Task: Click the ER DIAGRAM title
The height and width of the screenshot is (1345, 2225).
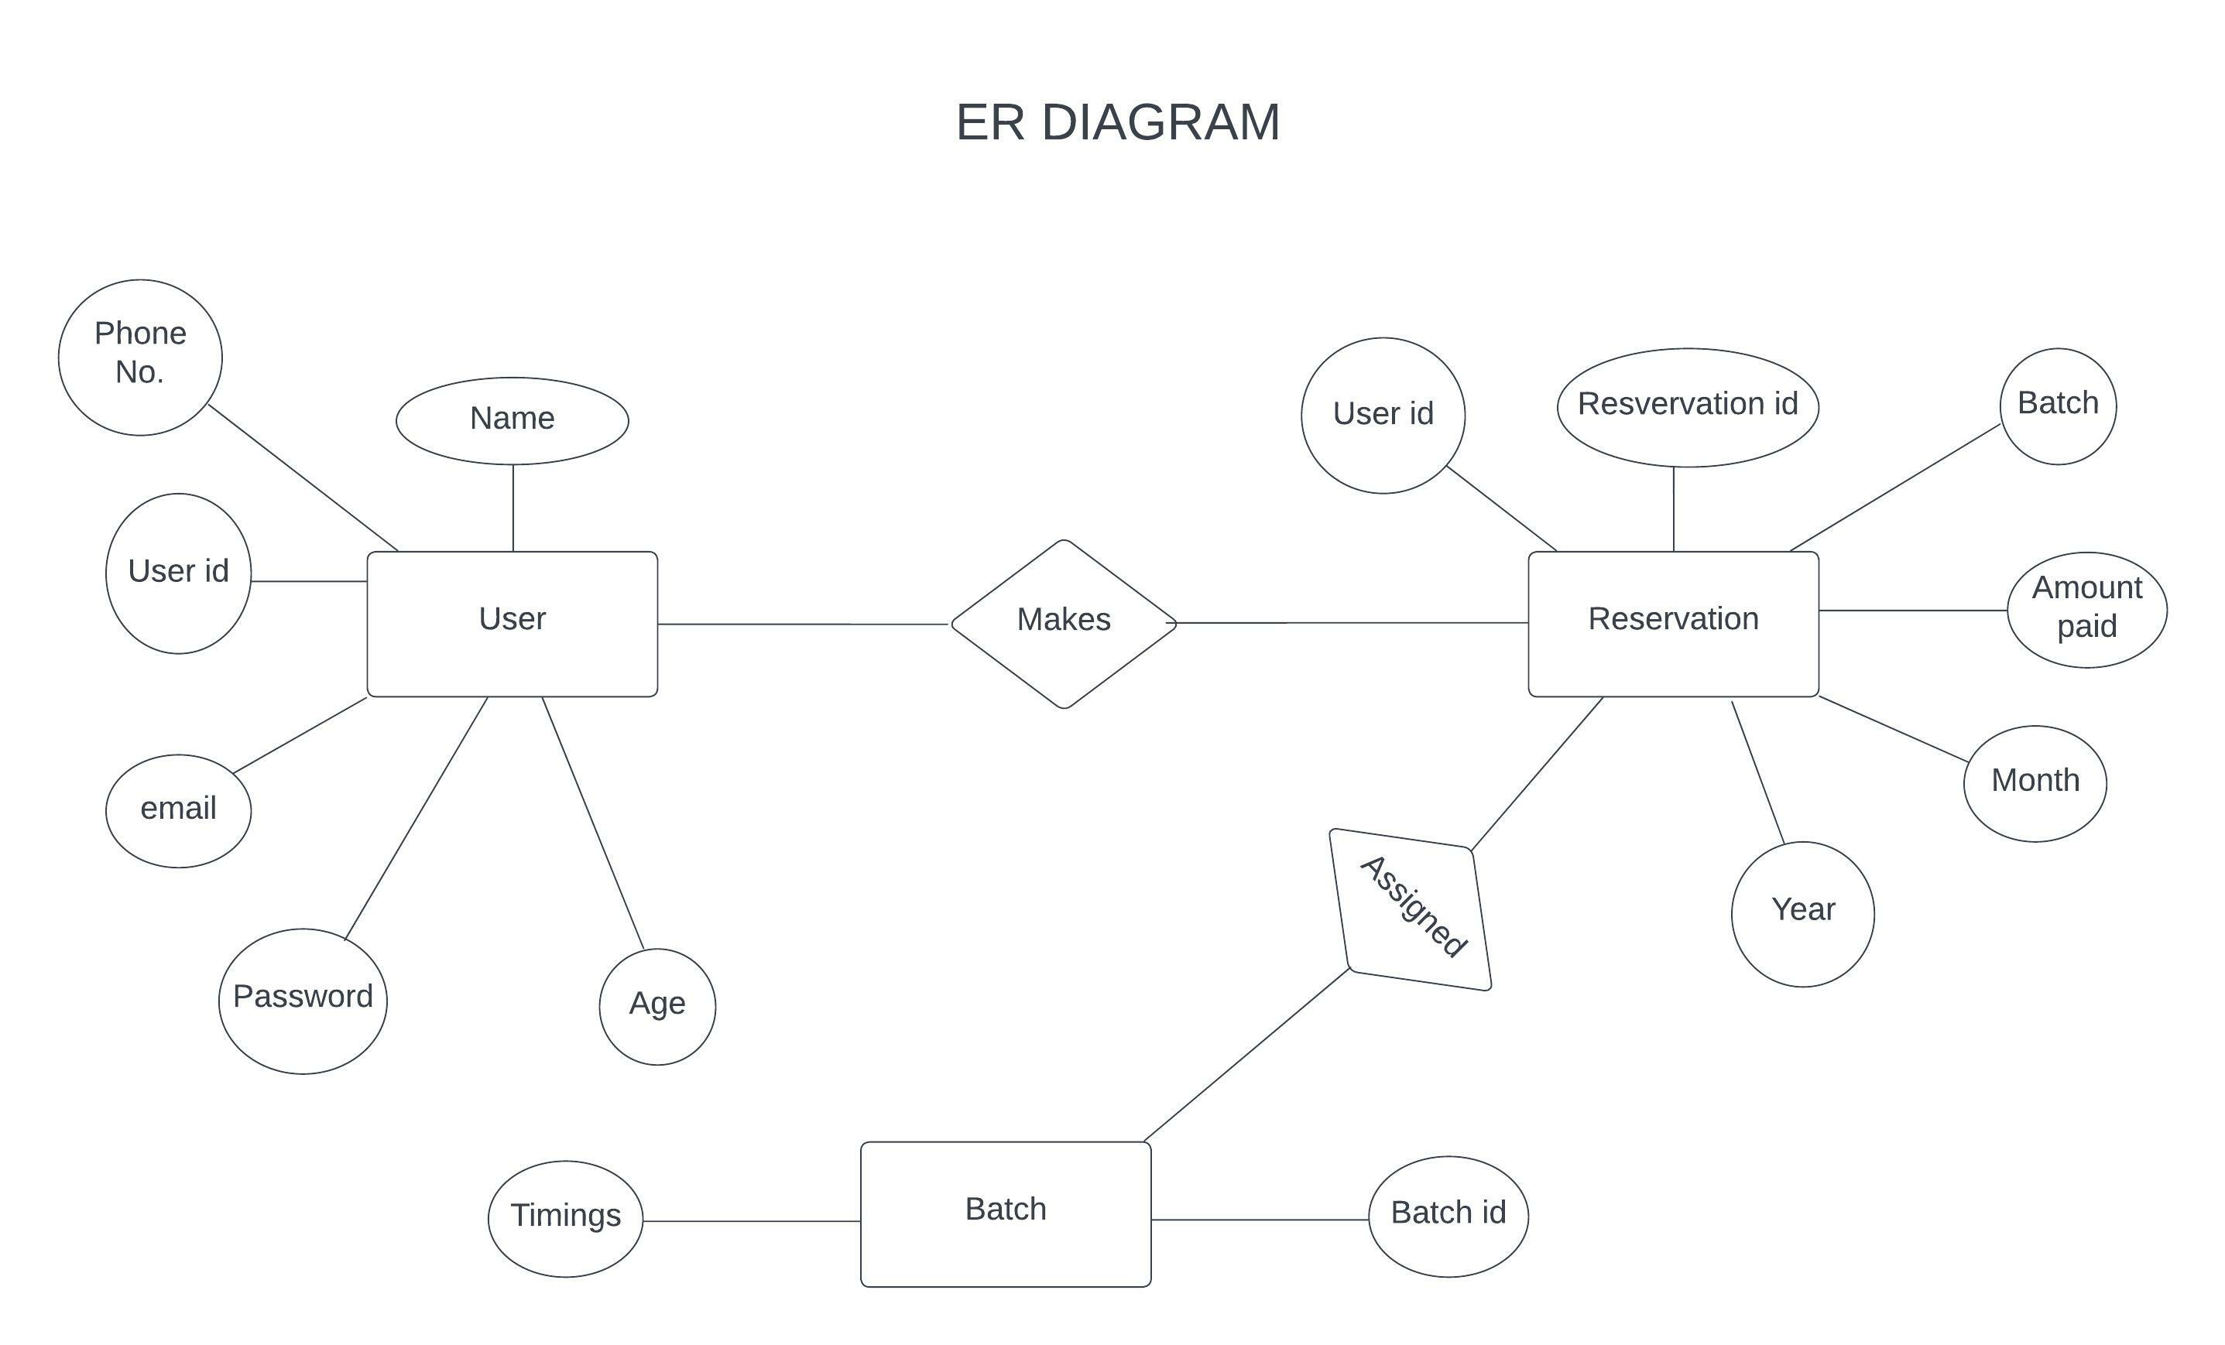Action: click(1117, 121)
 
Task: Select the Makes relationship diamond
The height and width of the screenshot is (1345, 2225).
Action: click(1064, 623)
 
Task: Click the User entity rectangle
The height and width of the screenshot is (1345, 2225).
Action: click(512, 623)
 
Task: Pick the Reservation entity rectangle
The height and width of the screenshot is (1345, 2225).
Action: click(1672, 623)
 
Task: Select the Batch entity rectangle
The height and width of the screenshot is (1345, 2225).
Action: click(1005, 1213)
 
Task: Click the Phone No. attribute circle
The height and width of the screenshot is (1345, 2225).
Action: click(140, 357)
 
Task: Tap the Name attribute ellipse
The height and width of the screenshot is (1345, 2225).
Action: click(512, 419)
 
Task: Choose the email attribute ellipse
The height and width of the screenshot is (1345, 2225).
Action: click(178, 809)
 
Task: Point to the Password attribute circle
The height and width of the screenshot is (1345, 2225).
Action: click(303, 1000)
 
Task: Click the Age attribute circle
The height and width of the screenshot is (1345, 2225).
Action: click(657, 1005)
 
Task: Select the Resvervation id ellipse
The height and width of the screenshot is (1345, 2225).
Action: click(1687, 406)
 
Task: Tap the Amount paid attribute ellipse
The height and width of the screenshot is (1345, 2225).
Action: click(2086, 609)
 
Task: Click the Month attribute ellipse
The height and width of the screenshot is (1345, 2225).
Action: click(2035, 782)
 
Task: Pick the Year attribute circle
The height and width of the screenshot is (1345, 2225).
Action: click(1802, 912)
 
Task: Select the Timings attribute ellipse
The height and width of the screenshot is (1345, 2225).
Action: click(565, 1218)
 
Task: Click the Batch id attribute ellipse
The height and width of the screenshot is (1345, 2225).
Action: click(1448, 1215)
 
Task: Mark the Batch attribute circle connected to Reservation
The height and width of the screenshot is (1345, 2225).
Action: click(2057, 406)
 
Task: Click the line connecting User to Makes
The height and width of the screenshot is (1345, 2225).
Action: click(804, 623)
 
